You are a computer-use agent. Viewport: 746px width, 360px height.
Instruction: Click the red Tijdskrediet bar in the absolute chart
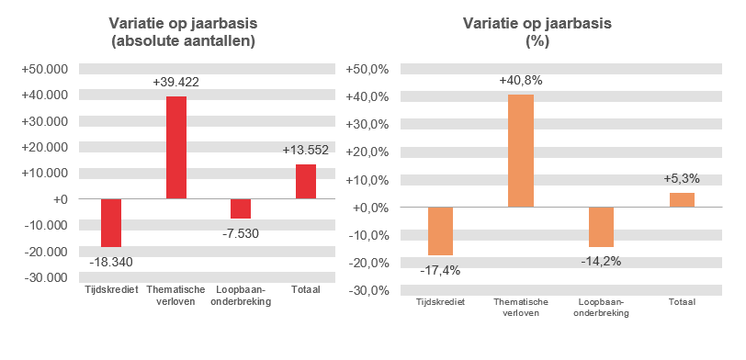111,222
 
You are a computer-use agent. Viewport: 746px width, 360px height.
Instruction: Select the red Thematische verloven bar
176,147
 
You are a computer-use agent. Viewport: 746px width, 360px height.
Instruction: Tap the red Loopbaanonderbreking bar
241,208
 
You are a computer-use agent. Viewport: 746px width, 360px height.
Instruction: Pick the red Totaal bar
306,181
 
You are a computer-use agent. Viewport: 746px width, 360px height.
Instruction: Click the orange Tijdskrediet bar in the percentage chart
440,231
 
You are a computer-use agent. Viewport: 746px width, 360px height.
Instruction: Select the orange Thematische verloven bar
521,151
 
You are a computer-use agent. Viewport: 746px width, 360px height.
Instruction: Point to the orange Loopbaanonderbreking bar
601,227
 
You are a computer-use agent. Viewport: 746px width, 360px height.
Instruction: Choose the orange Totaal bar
682,199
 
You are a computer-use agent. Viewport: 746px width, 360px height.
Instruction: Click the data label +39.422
176,83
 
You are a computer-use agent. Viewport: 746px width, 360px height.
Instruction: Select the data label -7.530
241,233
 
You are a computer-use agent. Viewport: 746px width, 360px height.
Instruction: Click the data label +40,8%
521,81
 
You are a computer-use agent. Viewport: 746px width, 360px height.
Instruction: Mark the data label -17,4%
440,270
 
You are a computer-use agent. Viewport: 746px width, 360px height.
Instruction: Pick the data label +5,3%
682,178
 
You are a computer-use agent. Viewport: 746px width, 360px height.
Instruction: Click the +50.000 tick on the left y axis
45,69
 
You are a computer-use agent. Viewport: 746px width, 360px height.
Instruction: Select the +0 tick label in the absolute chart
59,199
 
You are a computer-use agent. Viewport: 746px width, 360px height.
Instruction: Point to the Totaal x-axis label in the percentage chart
682,302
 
